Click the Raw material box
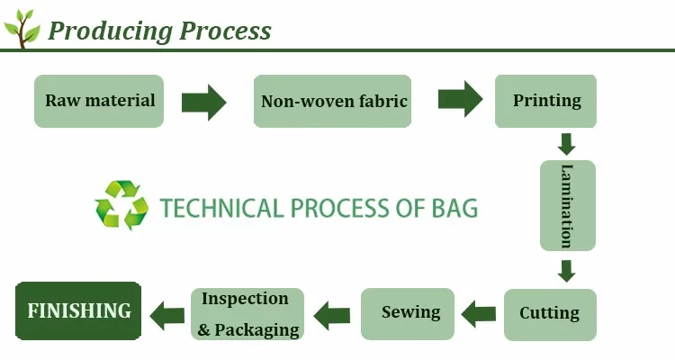99,101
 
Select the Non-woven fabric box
334,101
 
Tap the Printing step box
547,101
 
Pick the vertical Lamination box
567,205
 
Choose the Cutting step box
549,313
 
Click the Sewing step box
410,313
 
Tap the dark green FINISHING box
79,311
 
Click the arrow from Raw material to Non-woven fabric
203,101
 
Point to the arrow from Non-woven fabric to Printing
460,99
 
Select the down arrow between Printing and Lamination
566,144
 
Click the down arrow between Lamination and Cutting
566,270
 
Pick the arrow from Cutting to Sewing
478,313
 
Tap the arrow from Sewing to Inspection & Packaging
332,314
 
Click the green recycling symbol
121,206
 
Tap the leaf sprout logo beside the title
22,29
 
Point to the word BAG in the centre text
454,208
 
